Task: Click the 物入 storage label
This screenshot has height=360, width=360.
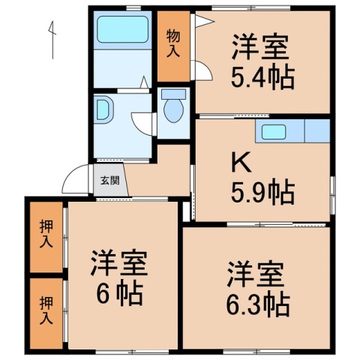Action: click(173, 44)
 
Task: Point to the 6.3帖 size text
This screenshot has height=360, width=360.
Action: click(256, 303)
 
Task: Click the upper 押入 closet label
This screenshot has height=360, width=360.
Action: click(46, 233)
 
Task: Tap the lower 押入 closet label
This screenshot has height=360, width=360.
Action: click(46, 312)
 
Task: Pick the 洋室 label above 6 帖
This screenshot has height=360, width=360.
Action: click(118, 262)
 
